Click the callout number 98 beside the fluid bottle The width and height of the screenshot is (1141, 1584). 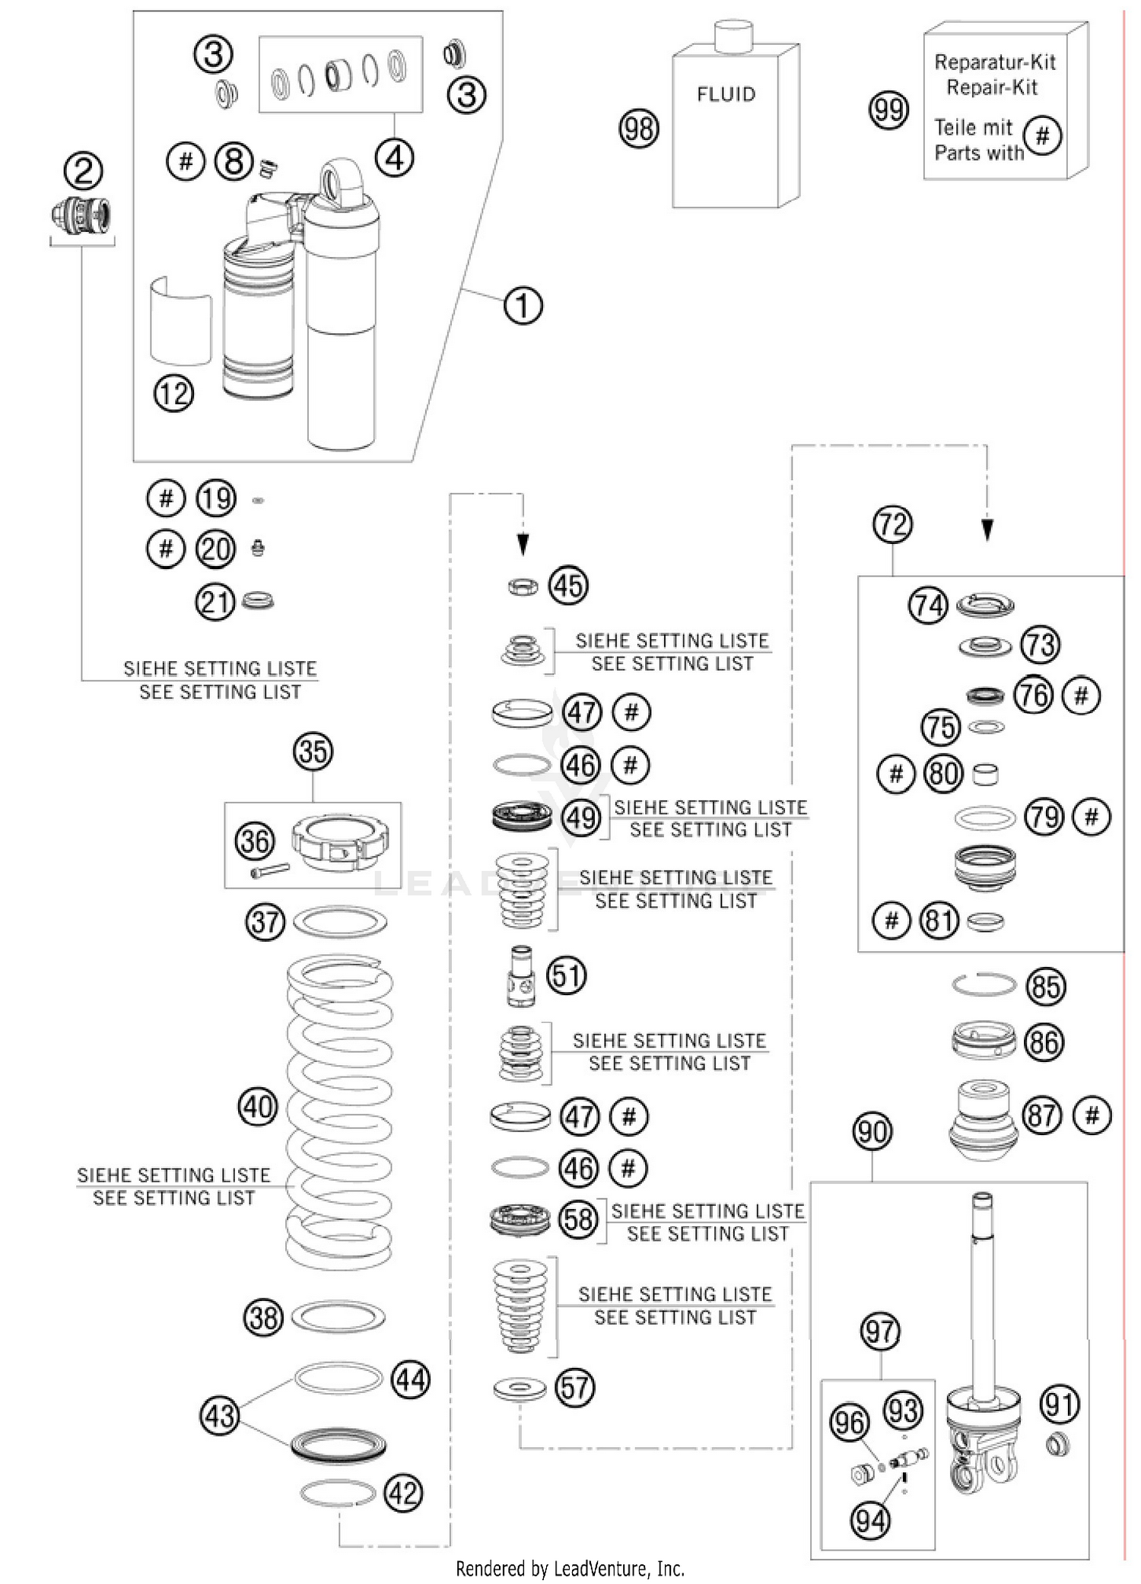[x=638, y=129]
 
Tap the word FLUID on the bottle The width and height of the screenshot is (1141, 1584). [x=726, y=94]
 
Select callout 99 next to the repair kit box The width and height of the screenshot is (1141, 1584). [x=888, y=111]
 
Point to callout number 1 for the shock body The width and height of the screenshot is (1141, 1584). [x=523, y=306]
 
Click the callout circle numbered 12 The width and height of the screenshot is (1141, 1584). [x=173, y=393]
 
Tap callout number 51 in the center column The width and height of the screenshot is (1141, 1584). [x=567, y=975]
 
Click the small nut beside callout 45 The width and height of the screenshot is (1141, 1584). [x=523, y=586]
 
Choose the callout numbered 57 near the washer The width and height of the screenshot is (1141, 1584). [x=574, y=1387]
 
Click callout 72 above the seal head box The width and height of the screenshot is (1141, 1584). [x=892, y=524]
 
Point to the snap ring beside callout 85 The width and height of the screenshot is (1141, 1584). [x=984, y=984]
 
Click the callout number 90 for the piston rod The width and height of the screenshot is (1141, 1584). [x=872, y=1131]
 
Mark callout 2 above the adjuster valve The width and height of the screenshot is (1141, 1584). [x=83, y=170]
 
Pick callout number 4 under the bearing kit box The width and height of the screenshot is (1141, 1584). [x=394, y=158]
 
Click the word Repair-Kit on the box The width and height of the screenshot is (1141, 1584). [x=991, y=87]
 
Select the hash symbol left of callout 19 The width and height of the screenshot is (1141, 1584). [x=166, y=498]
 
